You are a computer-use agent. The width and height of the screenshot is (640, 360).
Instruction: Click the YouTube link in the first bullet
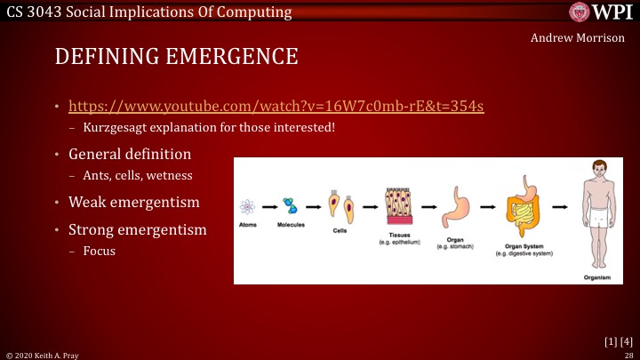pyautogui.click(x=276, y=107)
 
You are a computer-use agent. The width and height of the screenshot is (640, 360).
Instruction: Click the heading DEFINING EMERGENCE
pyautogui.click(x=176, y=57)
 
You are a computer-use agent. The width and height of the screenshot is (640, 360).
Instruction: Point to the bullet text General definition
pyautogui.click(x=130, y=154)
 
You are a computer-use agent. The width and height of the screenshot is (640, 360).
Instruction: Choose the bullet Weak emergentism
pyautogui.click(x=133, y=202)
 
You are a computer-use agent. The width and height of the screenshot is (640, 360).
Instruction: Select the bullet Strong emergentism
pyautogui.click(x=138, y=229)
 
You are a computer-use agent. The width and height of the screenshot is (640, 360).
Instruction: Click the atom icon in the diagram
pyautogui.click(x=248, y=207)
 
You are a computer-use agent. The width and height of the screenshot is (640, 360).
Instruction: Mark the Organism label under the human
pyautogui.click(x=596, y=276)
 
